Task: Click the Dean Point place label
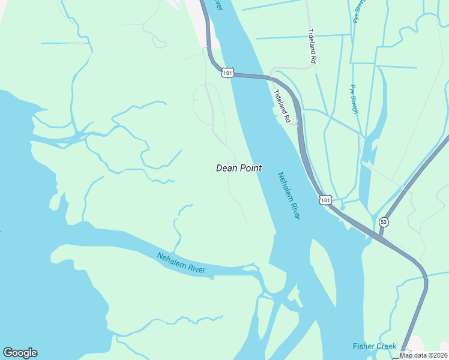click(x=238, y=169)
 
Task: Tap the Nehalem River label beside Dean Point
click(x=288, y=196)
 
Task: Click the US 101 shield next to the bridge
click(x=226, y=73)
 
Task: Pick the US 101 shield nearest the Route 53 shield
click(x=325, y=199)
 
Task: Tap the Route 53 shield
click(x=384, y=222)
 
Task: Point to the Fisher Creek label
click(x=374, y=346)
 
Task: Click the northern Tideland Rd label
click(x=312, y=46)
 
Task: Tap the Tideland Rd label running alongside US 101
click(x=282, y=107)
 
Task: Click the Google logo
click(x=20, y=353)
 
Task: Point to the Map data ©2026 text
click(x=423, y=355)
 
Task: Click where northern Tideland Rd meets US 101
click(x=273, y=77)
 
